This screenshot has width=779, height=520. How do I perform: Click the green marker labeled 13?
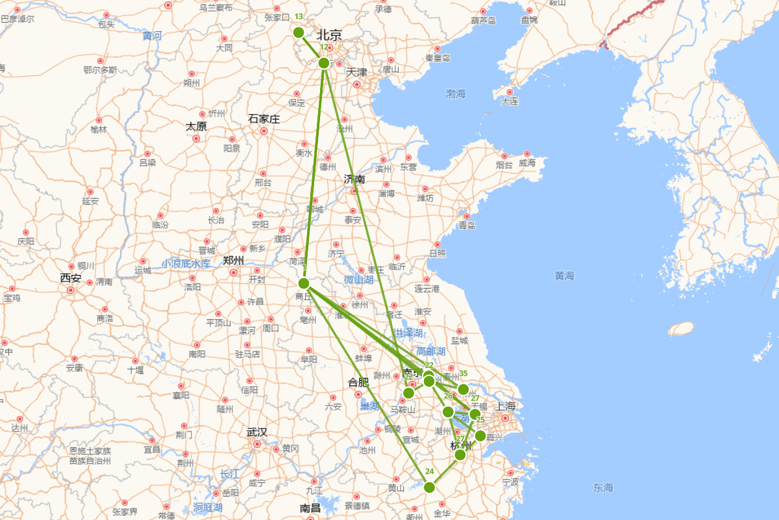[299, 32]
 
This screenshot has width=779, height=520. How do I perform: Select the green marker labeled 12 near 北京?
[324, 63]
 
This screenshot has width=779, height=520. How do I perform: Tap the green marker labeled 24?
[429, 487]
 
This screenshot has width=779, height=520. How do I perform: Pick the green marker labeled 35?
[464, 389]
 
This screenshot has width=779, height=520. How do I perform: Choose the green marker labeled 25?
[480, 435]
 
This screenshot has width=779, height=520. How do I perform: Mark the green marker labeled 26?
[448, 411]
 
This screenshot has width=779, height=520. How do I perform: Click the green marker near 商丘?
[304, 283]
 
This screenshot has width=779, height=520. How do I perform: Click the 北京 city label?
[329, 35]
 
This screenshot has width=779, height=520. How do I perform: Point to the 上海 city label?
[506, 406]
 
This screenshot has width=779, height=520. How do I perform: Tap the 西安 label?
[71, 278]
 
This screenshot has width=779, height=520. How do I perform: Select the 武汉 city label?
[256, 432]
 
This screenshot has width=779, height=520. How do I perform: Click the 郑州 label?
[233, 261]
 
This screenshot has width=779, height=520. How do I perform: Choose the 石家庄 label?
[264, 119]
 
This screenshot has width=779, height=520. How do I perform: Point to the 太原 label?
[196, 126]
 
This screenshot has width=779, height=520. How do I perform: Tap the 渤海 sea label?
[456, 94]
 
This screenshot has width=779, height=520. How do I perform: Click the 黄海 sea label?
[564, 276]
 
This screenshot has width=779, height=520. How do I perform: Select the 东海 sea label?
[602, 487]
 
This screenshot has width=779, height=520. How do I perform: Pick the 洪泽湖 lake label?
[408, 333]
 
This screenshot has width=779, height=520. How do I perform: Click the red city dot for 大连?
[510, 92]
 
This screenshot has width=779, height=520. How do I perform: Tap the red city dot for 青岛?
[466, 214]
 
